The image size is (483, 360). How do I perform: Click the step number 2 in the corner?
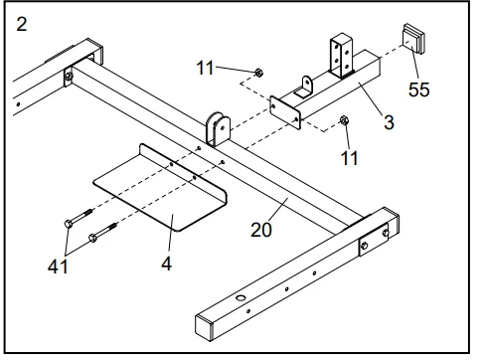(22, 25)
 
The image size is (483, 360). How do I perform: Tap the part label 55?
(419, 90)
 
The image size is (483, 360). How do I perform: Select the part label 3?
(389, 122)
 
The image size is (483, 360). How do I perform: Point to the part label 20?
(261, 230)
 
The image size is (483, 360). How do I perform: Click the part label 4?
(167, 264)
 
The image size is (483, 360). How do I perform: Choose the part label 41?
(58, 267)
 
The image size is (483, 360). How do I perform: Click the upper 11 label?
(205, 68)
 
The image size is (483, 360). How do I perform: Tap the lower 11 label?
(349, 158)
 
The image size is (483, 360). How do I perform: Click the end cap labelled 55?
(413, 39)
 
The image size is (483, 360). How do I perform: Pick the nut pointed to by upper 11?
(258, 73)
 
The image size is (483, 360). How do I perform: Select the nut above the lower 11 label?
(344, 120)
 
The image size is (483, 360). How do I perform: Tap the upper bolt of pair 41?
(79, 218)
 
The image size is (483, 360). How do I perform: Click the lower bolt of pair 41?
(102, 232)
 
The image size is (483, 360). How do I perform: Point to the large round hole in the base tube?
(240, 297)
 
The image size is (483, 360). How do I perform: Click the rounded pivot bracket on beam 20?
(218, 129)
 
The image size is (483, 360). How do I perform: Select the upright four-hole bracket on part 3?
(341, 56)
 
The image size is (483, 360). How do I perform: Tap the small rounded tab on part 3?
(304, 87)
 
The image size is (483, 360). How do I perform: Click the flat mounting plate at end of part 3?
(285, 112)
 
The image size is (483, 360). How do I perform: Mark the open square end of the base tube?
(204, 327)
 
